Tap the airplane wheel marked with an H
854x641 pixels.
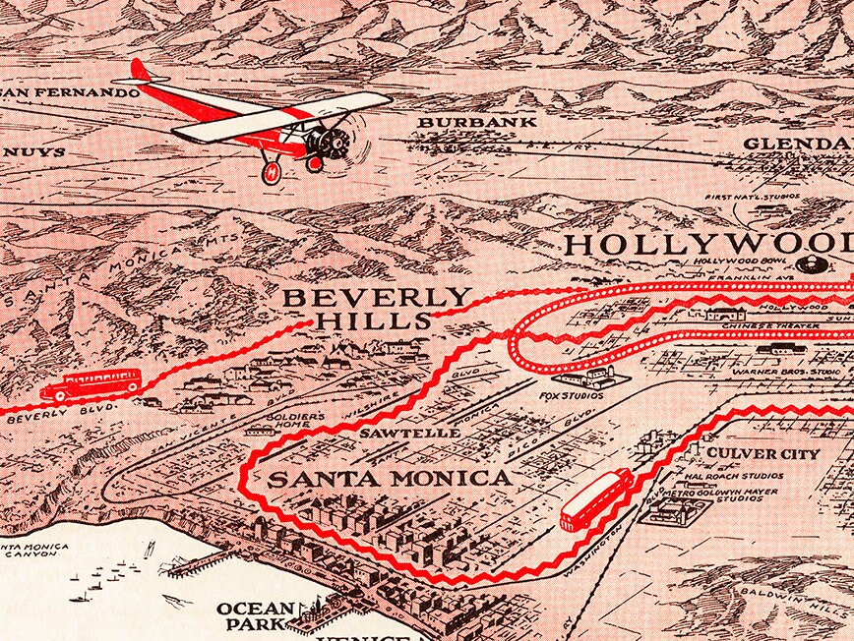click(272, 171)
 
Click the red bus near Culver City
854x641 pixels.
click(596, 498)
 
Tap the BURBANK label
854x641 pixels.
click(477, 122)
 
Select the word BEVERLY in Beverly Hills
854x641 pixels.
click(377, 297)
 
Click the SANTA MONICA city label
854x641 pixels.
click(390, 479)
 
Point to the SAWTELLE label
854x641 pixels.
click(395, 432)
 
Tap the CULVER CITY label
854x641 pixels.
click(763, 454)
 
